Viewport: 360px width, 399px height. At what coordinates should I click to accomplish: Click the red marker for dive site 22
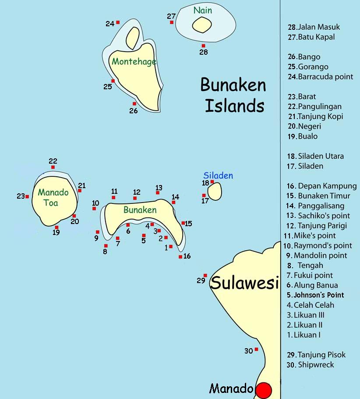[53, 167]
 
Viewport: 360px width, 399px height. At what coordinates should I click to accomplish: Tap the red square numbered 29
[205, 276]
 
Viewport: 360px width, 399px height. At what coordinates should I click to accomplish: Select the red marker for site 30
[256, 349]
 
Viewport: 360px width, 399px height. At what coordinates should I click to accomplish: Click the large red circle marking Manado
[264, 390]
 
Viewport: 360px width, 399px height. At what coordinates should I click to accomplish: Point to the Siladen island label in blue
[218, 175]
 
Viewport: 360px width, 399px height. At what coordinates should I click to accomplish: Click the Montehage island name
[134, 62]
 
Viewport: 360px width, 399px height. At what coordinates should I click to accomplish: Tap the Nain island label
[202, 10]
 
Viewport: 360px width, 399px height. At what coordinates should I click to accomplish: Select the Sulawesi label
[244, 283]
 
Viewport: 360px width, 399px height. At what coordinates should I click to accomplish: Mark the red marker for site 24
[118, 22]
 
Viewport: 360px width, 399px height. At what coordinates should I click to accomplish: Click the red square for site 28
[203, 45]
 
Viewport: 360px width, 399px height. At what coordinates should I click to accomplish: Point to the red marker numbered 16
[180, 257]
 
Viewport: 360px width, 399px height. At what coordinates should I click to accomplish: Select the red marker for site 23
[27, 196]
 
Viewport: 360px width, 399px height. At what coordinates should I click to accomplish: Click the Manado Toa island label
[53, 197]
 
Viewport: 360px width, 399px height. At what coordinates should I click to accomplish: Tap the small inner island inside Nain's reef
[201, 24]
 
